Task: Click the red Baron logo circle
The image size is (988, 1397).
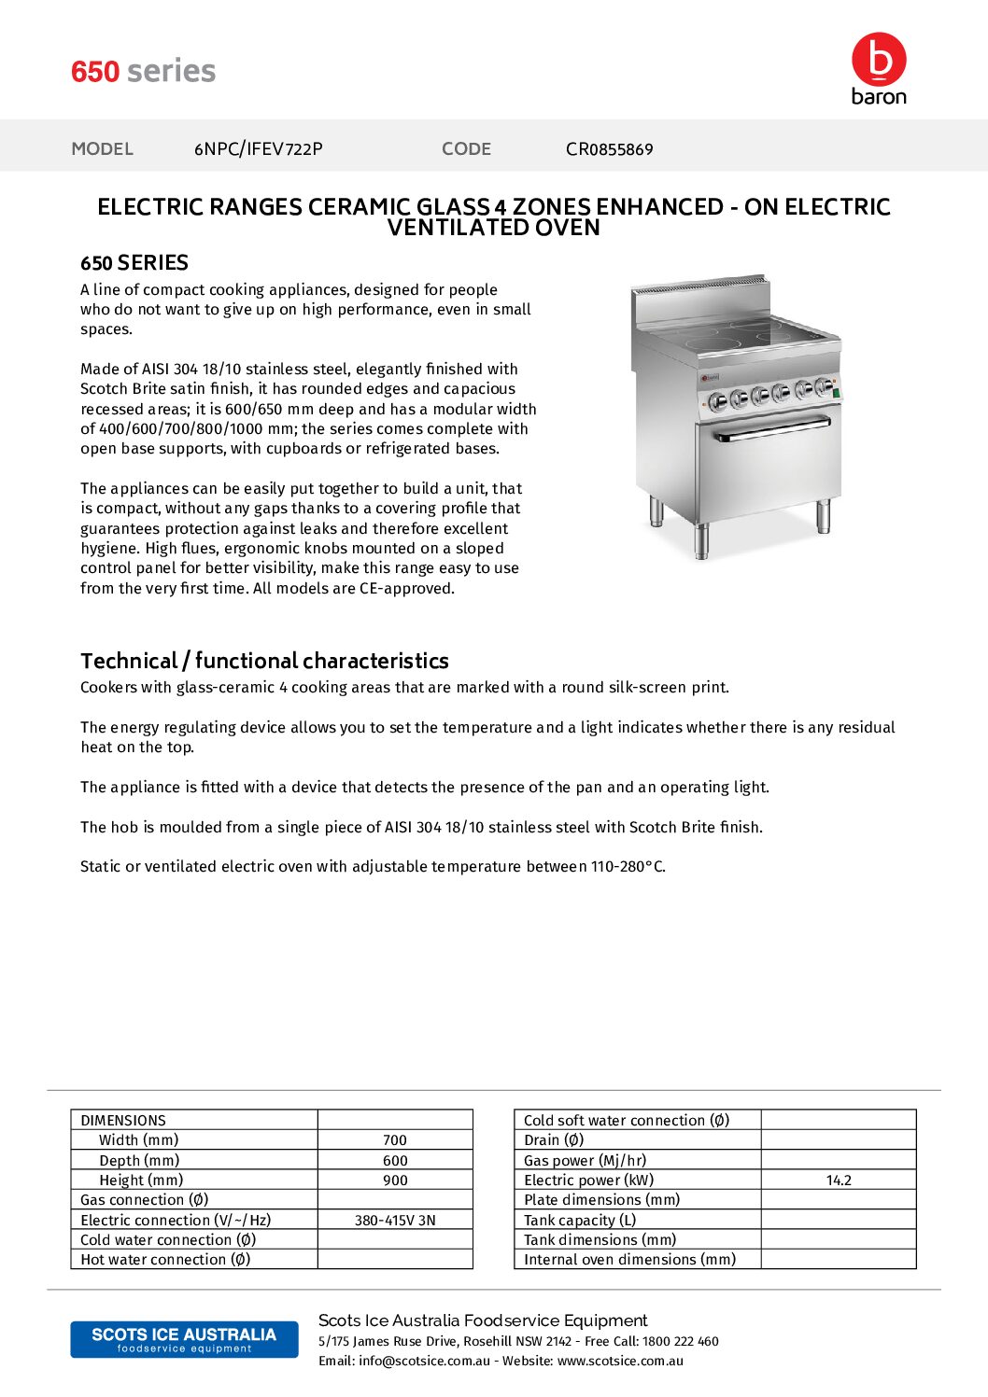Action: coord(879,60)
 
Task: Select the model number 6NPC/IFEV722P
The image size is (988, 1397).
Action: coord(259,149)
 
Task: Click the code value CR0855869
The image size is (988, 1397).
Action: coord(609,149)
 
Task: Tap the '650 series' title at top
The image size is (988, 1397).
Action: coord(144,72)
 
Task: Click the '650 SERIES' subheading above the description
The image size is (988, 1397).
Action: coord(134,263)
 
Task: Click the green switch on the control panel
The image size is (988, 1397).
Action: coord(837,393)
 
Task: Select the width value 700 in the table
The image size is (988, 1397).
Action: coord(395,1140)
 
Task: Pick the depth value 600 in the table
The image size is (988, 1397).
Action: coord(395,1161)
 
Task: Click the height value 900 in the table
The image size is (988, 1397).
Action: coord(395,1180)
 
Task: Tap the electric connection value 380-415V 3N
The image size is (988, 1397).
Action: coord(395,1221)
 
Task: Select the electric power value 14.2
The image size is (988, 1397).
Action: coord(839,1180)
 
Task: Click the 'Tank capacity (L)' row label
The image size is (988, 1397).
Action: coord(580,1221)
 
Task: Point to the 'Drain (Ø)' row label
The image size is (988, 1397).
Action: coord(554,1140)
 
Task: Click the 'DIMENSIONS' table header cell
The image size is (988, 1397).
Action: coord(123,1121)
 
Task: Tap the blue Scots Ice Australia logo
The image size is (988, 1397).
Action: coord(184,1339)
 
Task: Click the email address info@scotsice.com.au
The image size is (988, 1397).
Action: coord(424,1362)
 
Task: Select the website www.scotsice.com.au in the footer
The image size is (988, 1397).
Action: coord(620,1362)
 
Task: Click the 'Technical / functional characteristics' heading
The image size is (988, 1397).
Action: coord(264,662)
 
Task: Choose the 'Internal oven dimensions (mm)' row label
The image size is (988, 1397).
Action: coord(629,1260)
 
